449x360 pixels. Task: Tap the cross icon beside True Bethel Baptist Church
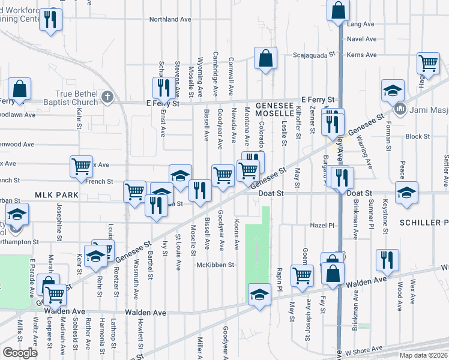[x=107, y=96]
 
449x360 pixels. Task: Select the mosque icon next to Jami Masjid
[x=400, y=110]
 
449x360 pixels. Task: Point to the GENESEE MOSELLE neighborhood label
[x=273, y=109]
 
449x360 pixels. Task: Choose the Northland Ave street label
[x=172, y=19]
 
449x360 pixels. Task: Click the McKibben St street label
[x=220, y=264]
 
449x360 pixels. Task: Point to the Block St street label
[x=417, y=136]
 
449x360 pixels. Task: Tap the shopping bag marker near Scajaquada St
[x=265, y=59]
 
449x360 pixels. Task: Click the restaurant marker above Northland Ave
[x=51, y=19]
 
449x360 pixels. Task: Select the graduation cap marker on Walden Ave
[x=259, y=294]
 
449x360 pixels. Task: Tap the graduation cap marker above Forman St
[x=393, y=91]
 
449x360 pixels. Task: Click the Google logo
[x=20, y=353]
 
